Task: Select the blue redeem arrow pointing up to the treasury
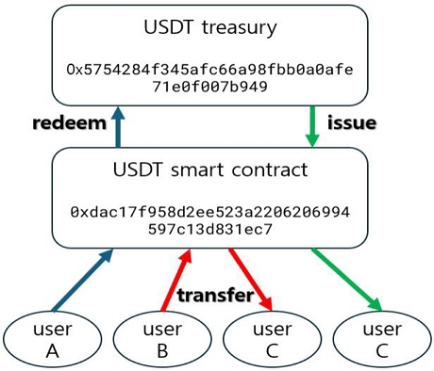118,125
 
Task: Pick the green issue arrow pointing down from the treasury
310,125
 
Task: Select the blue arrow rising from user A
83,280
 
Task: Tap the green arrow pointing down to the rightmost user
346,279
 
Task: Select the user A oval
52,340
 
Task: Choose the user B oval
161,340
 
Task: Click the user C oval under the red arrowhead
272,340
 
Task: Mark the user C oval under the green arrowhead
382,340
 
